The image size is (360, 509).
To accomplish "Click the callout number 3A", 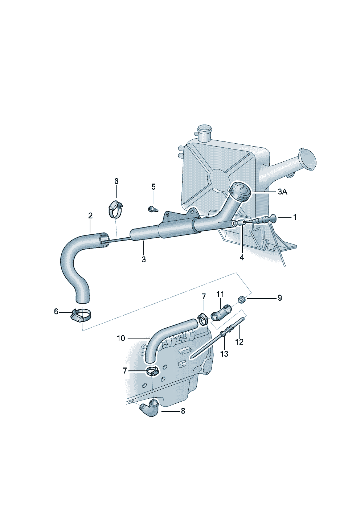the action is click(282, 192).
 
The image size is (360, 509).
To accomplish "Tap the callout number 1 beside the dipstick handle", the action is click(295, 217).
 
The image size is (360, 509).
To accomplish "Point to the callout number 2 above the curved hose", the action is click(90, 215).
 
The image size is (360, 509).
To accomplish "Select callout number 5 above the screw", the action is click(154, 187).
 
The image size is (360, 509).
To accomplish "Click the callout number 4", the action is click(242, 258).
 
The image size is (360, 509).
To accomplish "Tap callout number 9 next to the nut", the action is click(280, 298).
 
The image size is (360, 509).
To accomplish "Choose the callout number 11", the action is click(220, 294).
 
